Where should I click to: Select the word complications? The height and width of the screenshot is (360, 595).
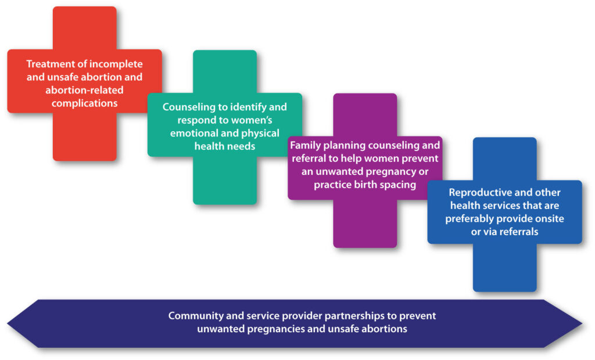[x=85, y=103]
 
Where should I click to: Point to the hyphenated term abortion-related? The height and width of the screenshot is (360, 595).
[x=84, y=90]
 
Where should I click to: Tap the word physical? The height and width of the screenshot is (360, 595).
[x=260, y=134]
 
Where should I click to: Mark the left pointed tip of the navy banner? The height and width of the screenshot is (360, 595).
[x=8, y=323]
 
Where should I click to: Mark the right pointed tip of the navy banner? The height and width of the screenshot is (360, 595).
[x=582, y=323]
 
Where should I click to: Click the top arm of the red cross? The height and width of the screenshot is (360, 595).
[x=85, y=28]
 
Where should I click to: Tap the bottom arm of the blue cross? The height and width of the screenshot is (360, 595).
[x=505, y=268]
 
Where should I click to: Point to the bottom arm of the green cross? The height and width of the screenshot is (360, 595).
[x=225, y=181]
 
